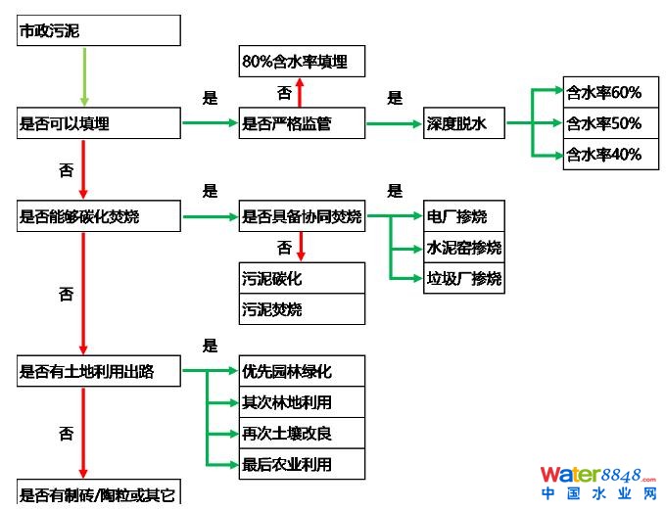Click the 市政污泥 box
point(99,31)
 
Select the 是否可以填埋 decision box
point(99,123)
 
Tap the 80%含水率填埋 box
point(302,62)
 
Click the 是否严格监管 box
point(302,123)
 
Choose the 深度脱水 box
point(464,123)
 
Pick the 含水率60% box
point(604,93)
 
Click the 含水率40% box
point(604,155)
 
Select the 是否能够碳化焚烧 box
point(99,216)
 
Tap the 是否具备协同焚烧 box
point(302,216)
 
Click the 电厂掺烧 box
point(464,216)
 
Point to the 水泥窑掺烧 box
point(464,247)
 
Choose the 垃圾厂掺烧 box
point(464,278)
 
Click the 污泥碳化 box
point(302,278)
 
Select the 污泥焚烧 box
point(302,309)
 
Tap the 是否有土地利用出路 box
point(99,371)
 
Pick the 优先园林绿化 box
point(302,371)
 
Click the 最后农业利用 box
point(302,464)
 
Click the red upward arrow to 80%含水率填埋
point(301,93)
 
